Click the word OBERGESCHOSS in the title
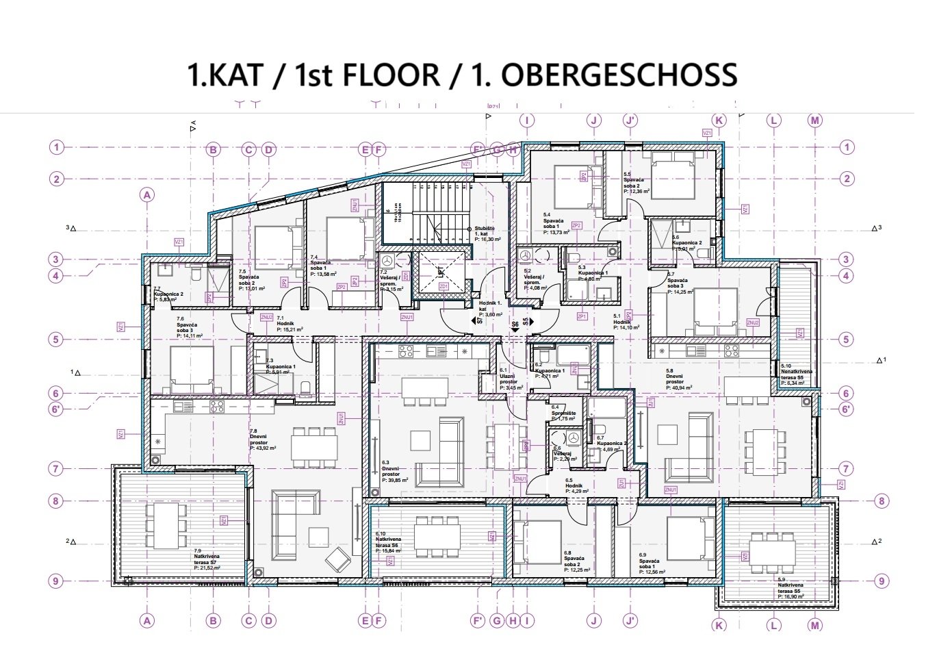(x=619, y=75)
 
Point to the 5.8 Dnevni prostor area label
(x=680, y=379)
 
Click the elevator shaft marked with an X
(x=441, y=272)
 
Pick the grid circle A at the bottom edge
(x=146, y=620)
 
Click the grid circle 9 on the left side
(x=57, y=581)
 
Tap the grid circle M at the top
(x=814, y=120)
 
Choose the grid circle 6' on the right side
(x=847, y=409)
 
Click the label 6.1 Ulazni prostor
(x=509, y=378)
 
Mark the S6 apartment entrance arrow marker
(x=515, y=327)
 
